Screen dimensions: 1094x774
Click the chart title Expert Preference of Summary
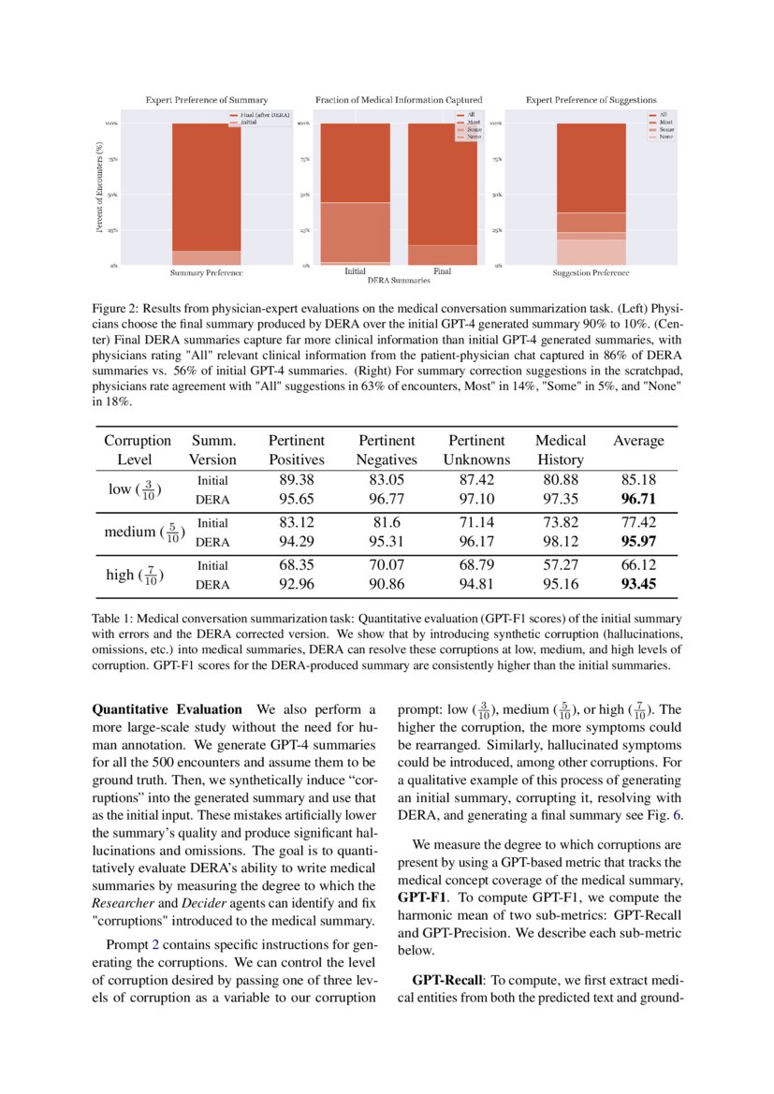(206, 99)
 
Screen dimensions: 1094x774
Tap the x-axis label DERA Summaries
(399, 280)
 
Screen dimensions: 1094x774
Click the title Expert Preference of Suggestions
(591, 99)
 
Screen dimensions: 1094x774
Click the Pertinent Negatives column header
(387, 449)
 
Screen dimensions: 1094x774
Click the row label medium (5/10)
(145, 532)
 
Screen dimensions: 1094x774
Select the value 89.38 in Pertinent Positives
(296, 480)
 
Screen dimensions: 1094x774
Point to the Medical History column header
(561, 449)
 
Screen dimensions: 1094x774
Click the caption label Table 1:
(115, 619)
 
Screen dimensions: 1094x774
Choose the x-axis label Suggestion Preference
(591, 272)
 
